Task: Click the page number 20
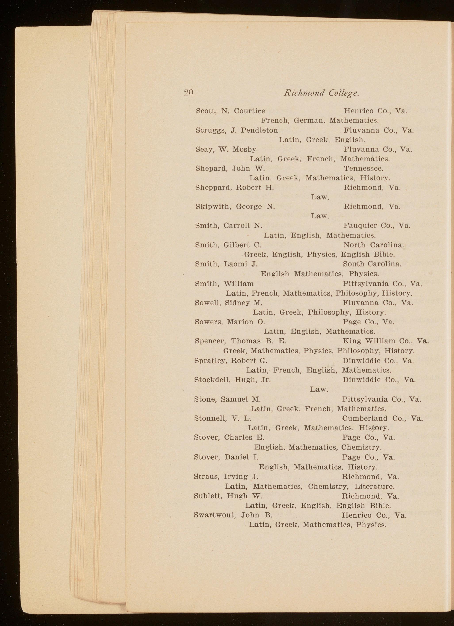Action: [x=188, y=93]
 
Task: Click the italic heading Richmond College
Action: [x=322, y=93]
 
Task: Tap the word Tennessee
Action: [x=363, y=168]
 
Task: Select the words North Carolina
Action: [x=374, y=245]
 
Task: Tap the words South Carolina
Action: [x=372, y=264]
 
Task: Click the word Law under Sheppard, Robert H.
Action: [x=320, y=197]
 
